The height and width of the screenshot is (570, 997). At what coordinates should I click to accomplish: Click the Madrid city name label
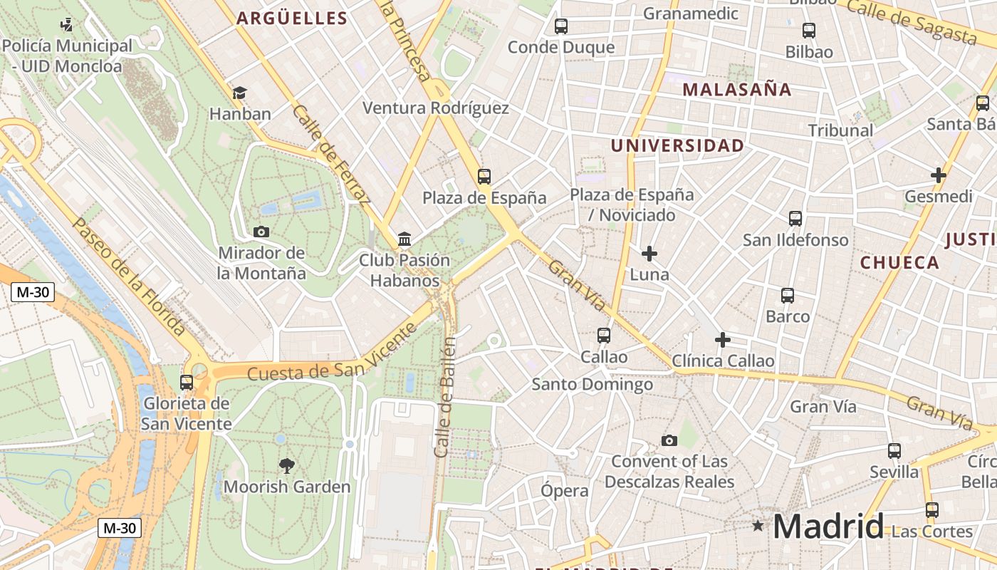pyautogui.click(x=828, y=527)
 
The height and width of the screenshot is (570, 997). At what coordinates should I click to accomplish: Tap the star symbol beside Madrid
pyautogui.click(x=758, y=526)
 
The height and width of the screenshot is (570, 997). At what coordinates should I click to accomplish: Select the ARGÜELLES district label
pyautogui.click(x=292, y=19)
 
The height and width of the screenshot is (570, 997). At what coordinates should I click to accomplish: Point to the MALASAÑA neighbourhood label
pyautogui.click(x=737, y=90)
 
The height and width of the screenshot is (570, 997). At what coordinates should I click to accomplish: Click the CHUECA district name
pyautogui.click(x=899, y=262)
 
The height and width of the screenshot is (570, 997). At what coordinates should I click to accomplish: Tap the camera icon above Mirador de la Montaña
pyautogui.click(x=261, y=232)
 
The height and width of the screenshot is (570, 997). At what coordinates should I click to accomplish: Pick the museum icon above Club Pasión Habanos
pyautogui.click(x=404, y=239)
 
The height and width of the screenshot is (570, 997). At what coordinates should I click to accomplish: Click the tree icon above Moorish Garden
pyautogui.click(x=287, y=466)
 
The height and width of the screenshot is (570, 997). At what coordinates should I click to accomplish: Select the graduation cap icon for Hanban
pyautogui.click(x=239, y=93)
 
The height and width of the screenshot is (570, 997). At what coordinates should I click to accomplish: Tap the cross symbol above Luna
pyautogui.click(x=649, y=253)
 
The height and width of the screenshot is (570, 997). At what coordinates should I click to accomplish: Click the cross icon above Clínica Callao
pyautogui.click(x=723, y=340)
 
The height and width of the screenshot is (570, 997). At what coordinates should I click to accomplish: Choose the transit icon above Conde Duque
pyautogui.click(x=561, y=26)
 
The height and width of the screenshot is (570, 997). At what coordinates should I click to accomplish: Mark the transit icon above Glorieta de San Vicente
pyautogui.click(x=187, y=383)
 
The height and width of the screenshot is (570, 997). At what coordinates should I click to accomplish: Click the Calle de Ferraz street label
pyautogui.click(x=331, y=155)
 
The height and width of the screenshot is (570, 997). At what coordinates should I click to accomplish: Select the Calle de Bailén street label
pyautogui.click(x=445, y=397)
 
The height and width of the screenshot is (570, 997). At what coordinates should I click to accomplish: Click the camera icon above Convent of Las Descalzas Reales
pyautogui.click(x=669, y=440)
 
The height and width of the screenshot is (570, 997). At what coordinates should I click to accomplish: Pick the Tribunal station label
pyautogui.click(x=840, y=130)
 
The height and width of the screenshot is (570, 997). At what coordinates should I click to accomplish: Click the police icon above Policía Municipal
pyautogui.click(x=67, y=26)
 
